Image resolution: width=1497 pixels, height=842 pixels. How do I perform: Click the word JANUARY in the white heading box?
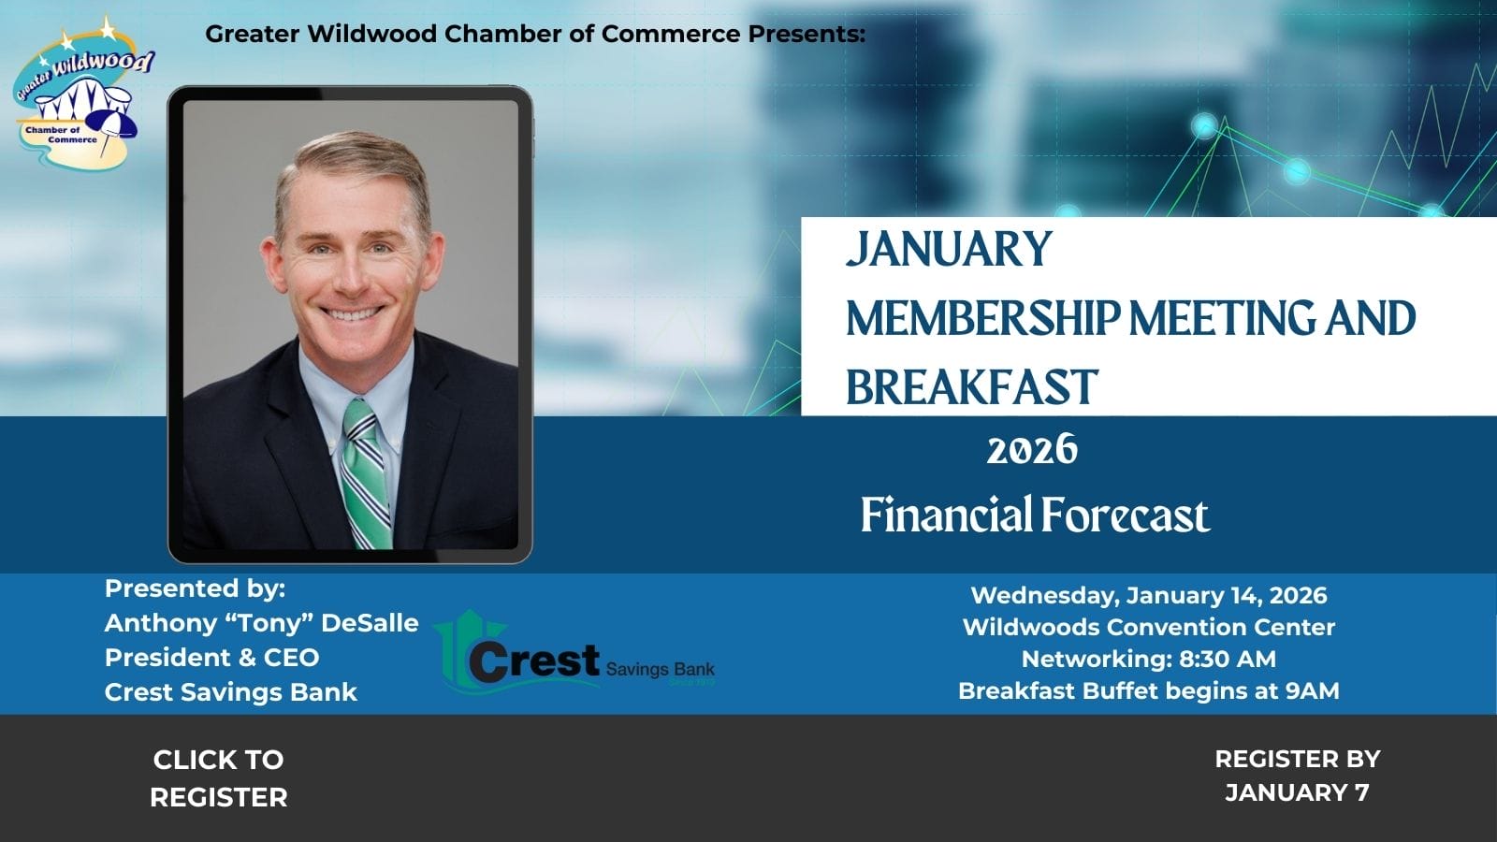949,249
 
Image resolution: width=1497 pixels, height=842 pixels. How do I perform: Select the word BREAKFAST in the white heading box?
971,387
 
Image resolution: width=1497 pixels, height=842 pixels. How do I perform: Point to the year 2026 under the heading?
1032,451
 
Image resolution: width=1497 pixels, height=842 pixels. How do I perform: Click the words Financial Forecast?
1035,515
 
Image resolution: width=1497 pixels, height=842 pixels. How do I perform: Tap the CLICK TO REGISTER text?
218,777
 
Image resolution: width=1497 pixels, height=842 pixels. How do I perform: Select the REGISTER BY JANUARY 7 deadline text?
1297,776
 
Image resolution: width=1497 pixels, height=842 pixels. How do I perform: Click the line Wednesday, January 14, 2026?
1148,595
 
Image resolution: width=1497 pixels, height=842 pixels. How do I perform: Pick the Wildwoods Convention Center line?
1148,627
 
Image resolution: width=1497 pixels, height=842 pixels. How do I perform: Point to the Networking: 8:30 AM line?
1148,659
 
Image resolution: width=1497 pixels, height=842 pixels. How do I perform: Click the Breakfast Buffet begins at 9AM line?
1148,690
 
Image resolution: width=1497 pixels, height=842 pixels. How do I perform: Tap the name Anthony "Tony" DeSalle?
261,623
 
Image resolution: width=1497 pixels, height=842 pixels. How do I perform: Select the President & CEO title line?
211,658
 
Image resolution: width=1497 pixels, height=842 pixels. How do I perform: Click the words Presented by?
195,588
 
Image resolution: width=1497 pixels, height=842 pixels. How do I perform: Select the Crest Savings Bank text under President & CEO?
230,692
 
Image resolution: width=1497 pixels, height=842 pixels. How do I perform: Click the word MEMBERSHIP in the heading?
982,318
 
